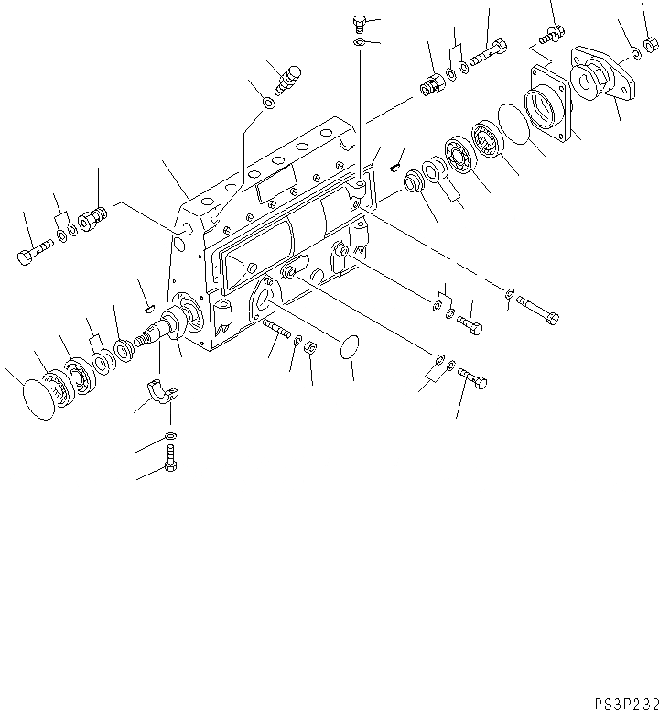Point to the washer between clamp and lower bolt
171,434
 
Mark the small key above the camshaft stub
146,295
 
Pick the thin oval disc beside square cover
518,124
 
